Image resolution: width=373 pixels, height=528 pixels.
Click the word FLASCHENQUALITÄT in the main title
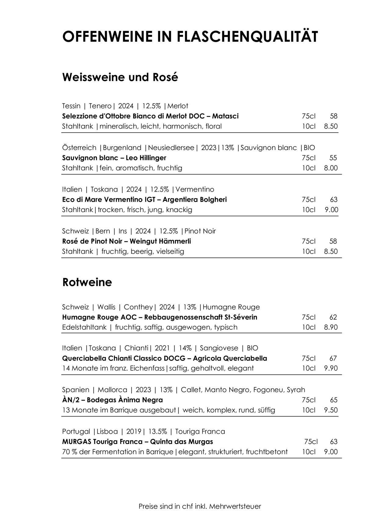point(247,37)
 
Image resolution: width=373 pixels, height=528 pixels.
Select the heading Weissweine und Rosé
point(120,77)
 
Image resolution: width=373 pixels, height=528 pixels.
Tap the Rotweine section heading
point(87,282)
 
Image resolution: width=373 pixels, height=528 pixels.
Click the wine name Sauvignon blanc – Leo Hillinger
point(114,158)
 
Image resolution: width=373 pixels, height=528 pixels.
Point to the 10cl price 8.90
point(331,327)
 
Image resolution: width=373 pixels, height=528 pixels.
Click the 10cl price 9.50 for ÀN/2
point(331,410)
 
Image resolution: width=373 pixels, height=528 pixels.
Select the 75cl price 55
point(333,158)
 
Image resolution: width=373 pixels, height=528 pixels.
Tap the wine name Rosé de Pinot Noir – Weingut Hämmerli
point(126,241)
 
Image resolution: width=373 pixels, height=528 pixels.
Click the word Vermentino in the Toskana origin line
point(195,189)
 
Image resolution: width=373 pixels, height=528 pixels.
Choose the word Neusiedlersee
point(171,148)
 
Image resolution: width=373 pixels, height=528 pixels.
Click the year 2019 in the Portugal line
point(134,431)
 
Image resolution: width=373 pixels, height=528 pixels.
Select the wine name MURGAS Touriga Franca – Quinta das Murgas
point(137,442)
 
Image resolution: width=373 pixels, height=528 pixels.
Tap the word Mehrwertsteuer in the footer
point(240,507)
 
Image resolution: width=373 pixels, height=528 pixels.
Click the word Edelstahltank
point(84,327)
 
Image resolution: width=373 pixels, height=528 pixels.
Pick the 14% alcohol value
point(185,348)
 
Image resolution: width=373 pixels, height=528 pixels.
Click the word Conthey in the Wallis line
point(138,307)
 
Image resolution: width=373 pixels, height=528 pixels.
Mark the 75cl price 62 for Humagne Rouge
point(333,317)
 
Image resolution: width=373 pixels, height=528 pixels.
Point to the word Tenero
point(100,106)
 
